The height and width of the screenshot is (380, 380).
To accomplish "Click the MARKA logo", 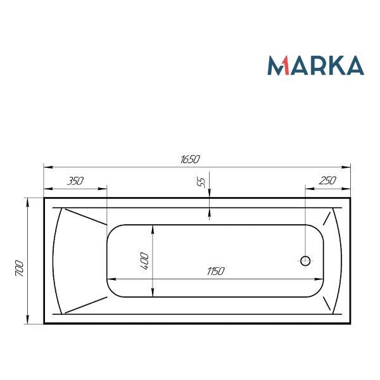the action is [315, 65].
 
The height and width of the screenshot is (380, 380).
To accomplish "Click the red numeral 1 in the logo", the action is [285, 65].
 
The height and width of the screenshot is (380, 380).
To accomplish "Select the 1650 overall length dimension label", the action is [190, 159].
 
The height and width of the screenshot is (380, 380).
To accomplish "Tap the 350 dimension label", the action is [75, 181].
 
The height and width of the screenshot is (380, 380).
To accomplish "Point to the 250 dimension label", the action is [327, 180].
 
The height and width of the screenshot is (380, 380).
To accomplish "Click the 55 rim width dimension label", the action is [201, 182].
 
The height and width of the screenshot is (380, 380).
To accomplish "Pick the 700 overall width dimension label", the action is [20, 269].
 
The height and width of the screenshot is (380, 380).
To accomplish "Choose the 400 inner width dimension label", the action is [144, 261].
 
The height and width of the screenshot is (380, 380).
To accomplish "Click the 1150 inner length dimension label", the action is [216, 271].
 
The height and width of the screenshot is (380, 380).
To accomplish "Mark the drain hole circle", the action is [305, 261].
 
